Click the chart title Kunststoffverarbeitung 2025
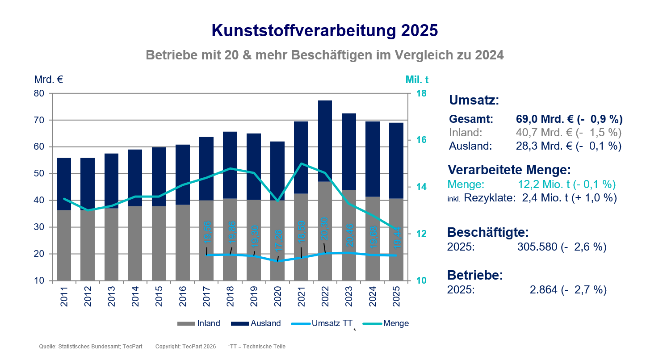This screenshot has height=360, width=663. point(324,31)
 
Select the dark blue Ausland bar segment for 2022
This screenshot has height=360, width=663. point(325,141)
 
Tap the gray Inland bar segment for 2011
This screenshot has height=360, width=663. point(64,245)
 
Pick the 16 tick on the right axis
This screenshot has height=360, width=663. point(421,140)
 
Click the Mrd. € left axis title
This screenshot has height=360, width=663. point(48,80)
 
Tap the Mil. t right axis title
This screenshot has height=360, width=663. point(417,80)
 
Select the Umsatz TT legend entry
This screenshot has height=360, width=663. point(321,323)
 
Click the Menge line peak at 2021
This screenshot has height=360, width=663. point(301,163)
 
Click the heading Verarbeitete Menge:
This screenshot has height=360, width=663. point(509,170)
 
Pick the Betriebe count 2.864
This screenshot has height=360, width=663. point(543,289)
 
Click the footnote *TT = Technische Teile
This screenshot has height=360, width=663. point(256,347)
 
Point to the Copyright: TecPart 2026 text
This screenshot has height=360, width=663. point(185,347)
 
